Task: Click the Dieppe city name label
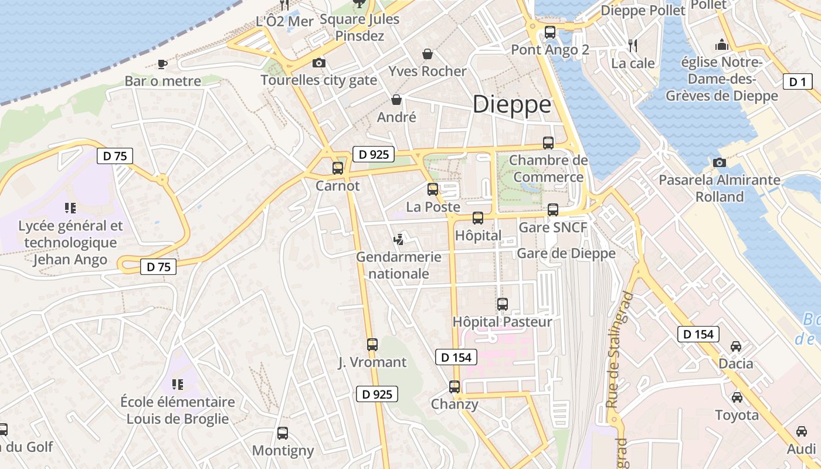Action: coord(512,104)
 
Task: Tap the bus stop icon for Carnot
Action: coord(338,168)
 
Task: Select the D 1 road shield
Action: coord(798,82)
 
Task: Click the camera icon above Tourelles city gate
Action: coord(318,63)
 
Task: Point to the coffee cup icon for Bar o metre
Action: coord(162,64)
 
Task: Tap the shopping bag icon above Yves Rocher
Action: coord(428,54)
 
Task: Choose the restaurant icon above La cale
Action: coord(632,45)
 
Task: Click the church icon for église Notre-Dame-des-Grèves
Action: coord(721,45)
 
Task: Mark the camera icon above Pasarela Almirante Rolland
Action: coord(720,162)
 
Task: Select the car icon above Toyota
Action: coord(737,397)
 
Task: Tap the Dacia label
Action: coord(736,363)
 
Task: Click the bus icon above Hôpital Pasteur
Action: coord(502,304)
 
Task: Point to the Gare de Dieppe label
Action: coord(566,253)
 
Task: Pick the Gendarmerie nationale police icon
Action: coord(399,239)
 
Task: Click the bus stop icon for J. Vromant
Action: coord(372,344)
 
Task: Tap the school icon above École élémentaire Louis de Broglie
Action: coord(177,385)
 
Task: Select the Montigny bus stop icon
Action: coord(283,433)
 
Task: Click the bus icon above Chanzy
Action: coord(454,387)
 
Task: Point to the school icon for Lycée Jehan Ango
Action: coord(70,208)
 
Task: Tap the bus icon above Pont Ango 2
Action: coord(549,32)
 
